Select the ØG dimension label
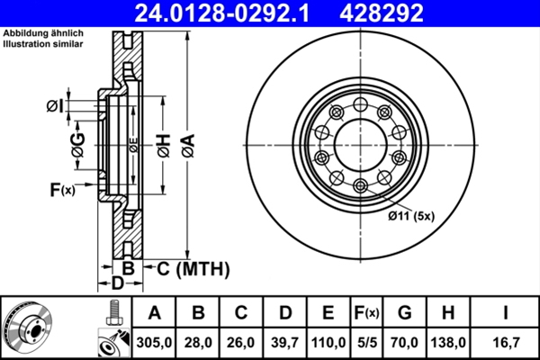click(78, 143)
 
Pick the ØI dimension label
click(55, 107)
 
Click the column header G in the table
click(405, 312)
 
